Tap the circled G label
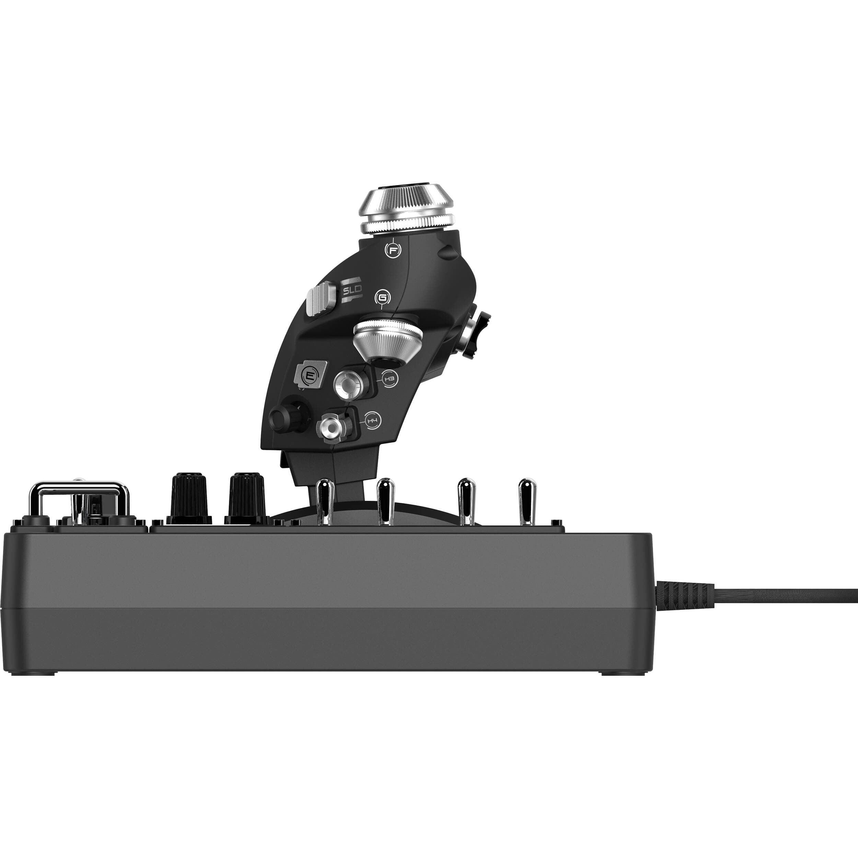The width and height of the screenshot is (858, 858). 382,297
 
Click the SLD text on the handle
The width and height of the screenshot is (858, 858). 352,291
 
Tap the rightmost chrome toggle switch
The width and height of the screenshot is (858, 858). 527,500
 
